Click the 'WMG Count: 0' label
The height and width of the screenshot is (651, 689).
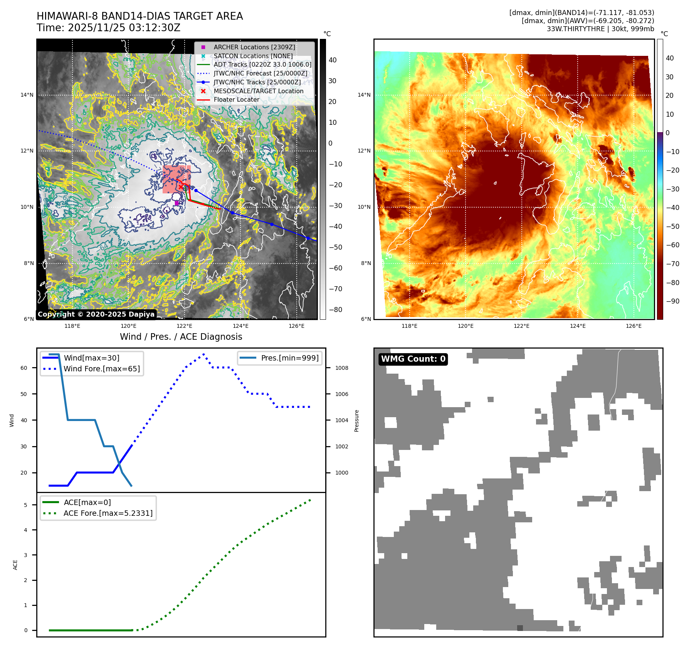coord(413,359)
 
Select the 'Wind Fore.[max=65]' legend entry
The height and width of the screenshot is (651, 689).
coord(102,369)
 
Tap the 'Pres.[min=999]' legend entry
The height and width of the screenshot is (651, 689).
coord(290,358)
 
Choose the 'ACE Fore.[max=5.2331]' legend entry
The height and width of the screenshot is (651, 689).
coord(108,513)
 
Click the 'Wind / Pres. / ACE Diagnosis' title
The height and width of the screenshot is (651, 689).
coord(181,337)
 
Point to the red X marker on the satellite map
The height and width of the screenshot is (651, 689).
coord(181,187)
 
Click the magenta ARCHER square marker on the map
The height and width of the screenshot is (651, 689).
coord(176,203)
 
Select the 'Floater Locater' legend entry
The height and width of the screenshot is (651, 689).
coord(237,99)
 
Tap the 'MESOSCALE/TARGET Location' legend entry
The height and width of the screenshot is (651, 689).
coord(259,91)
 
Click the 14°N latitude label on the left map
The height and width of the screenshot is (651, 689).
coord(27,95)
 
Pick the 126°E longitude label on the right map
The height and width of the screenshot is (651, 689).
coord(634,326)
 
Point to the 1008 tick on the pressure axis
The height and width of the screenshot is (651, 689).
coord(341,368)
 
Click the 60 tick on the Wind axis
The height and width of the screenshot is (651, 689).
coord(24,368)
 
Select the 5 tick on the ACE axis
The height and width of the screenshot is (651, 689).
coord(26,505)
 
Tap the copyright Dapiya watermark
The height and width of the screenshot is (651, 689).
coord(96,314)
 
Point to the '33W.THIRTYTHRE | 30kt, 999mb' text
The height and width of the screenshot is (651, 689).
coord(600,29)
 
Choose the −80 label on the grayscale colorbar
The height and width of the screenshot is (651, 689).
coord(335,310)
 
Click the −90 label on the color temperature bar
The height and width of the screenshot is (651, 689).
coord(672,301)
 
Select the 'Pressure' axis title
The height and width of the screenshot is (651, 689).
coord(356,421)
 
